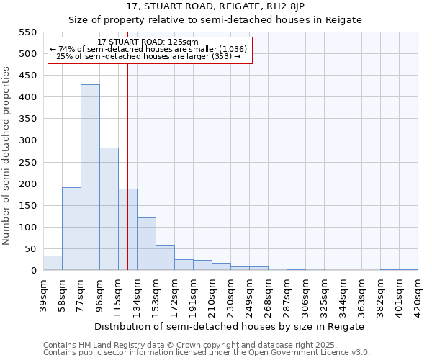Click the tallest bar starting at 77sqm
pyautogui.click(x=90, y=177)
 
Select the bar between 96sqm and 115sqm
pyautogui.click(x=109, y=209)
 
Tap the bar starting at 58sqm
pyautogui.click(x=71, y=229)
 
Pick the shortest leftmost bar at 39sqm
pyautogui.click(x=53, y=264)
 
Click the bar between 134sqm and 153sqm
pyautogui.click(x=146, y=244)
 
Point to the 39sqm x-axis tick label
pyautogui.click(x=43, y=293)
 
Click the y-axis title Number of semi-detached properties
pyautogui.click(x=7, y=156)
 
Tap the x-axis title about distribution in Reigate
pyautogui.click(x=230, y=326)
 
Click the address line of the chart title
pyautogui.click(x=215, y=6)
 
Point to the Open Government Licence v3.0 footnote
pyautogui.click(x=207, y=353)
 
